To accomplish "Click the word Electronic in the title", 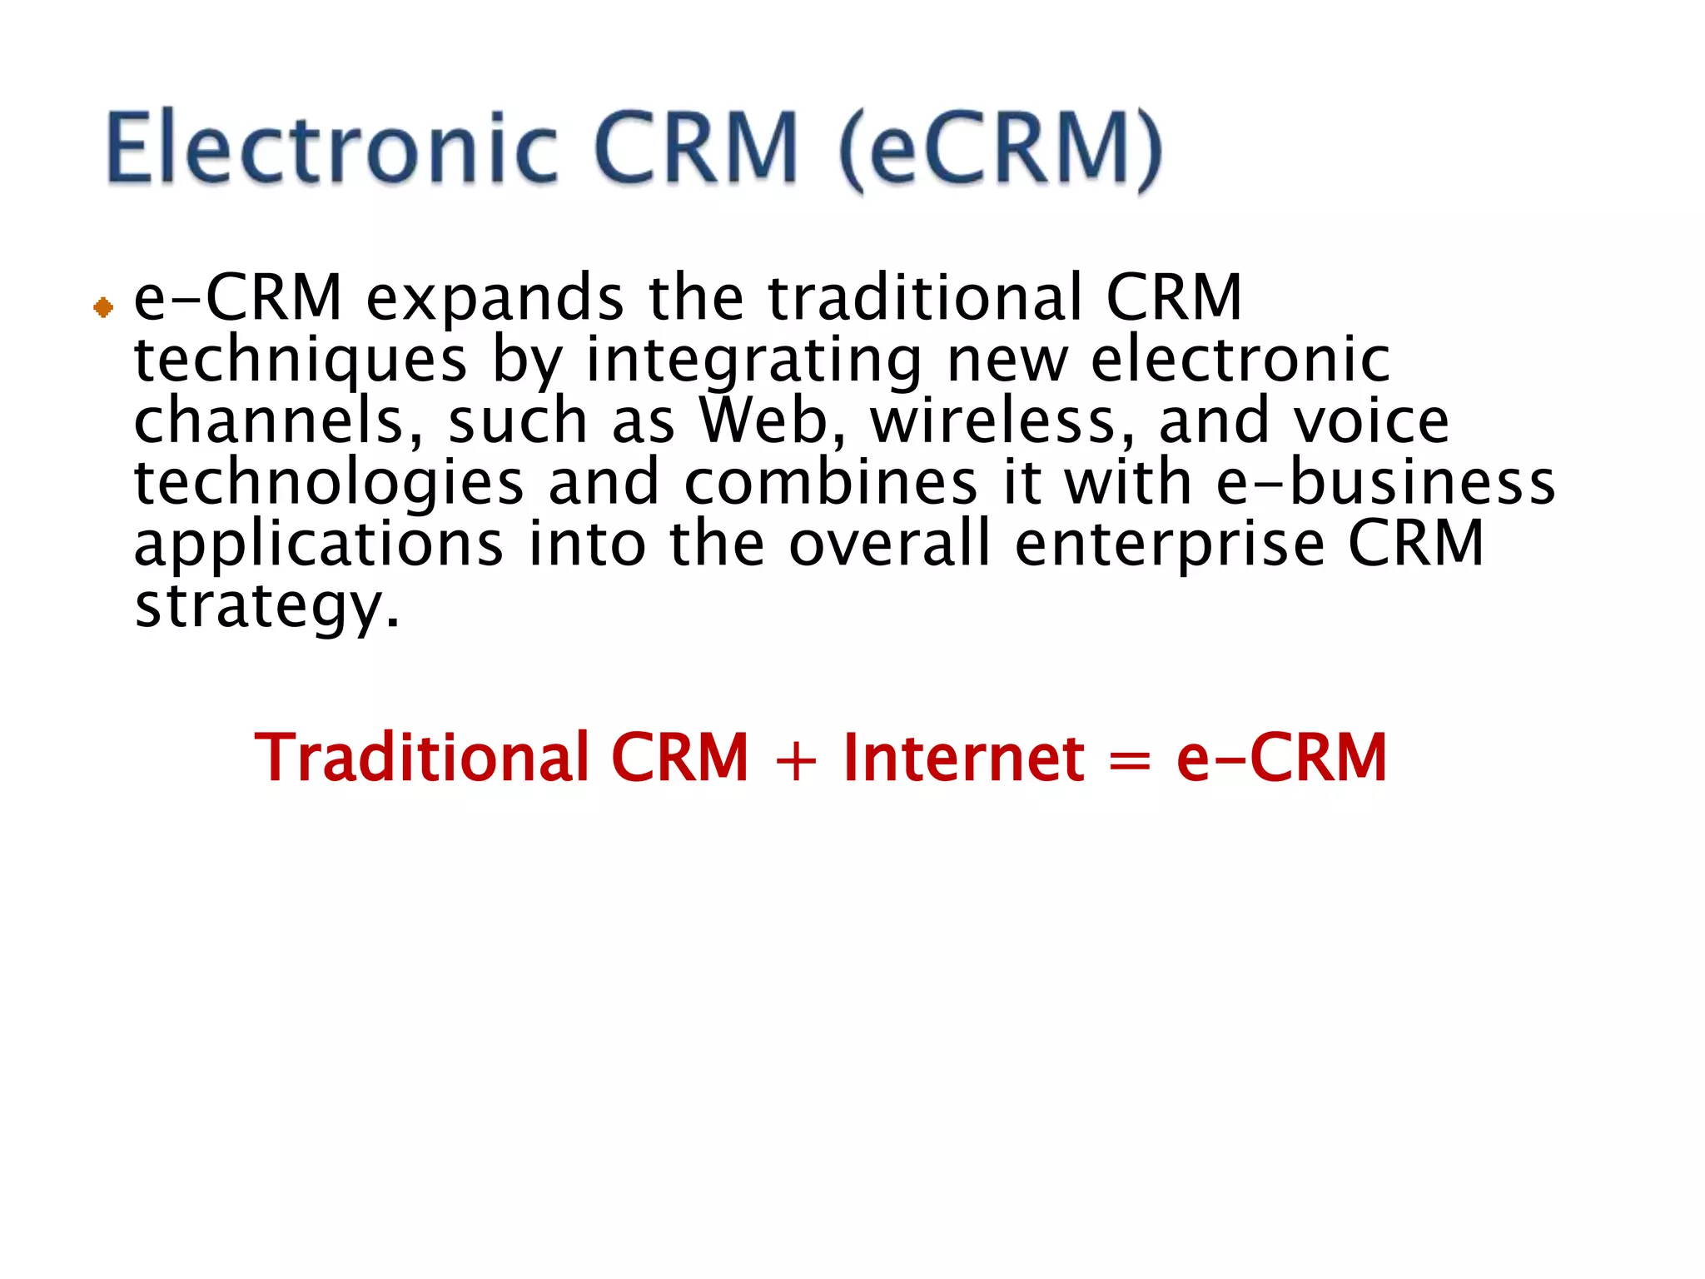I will (331, 147).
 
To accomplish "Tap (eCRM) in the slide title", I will (1000, 150).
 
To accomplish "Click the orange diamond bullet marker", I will (103, 308).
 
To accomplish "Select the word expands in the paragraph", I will (495, 298).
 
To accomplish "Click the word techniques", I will (301, 361).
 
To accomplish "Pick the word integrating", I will (753, 361).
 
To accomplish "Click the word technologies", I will (329, 483).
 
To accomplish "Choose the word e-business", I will (1385, 483).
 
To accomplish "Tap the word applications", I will (319, 545).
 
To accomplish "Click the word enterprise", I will (1169, 545).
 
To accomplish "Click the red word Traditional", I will (420, 757).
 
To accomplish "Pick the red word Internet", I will (963, 757).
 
